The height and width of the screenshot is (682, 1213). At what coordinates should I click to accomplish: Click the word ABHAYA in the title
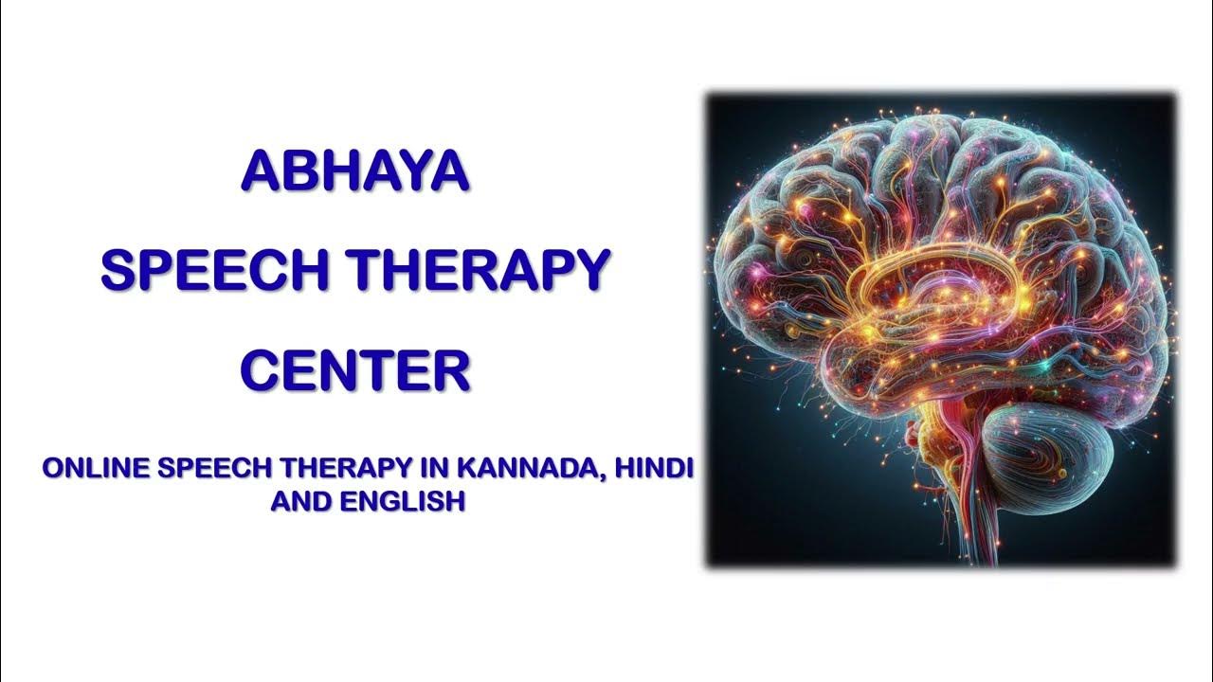355,171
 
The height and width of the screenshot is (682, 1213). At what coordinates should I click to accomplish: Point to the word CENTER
355,370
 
